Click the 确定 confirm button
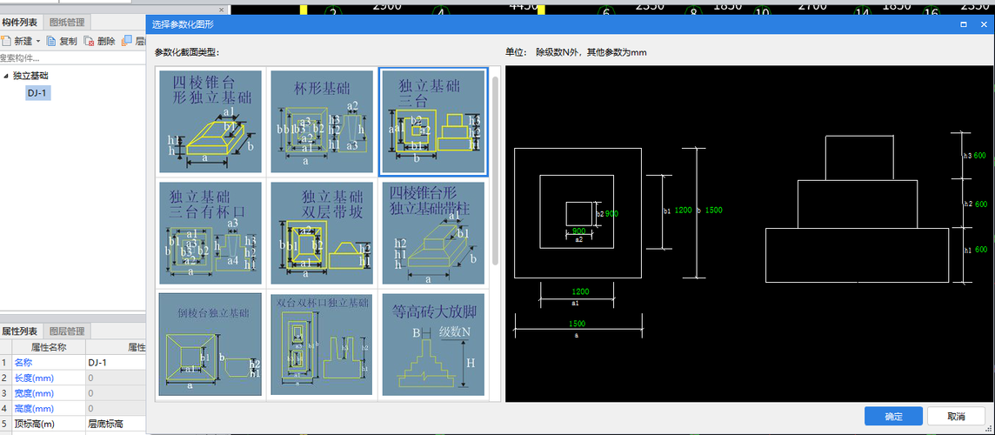pos(893,416)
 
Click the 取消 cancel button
pos(956,416)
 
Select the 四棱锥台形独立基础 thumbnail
pos(210,122)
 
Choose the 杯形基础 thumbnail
pos(322,122)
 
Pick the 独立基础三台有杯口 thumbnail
pos(210,232)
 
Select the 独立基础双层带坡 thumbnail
pos(322,232)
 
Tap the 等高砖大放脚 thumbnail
pos(433,344)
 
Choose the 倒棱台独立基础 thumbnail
pos(210,344)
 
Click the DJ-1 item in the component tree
pos(37,93)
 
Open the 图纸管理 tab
pos(67,22)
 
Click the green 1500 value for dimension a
pos(577,324)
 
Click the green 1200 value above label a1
pos(581,291)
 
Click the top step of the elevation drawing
pos(858,157)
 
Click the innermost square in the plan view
pos(578,214)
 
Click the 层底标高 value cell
pos(109,424)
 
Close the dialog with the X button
pos(983,24)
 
